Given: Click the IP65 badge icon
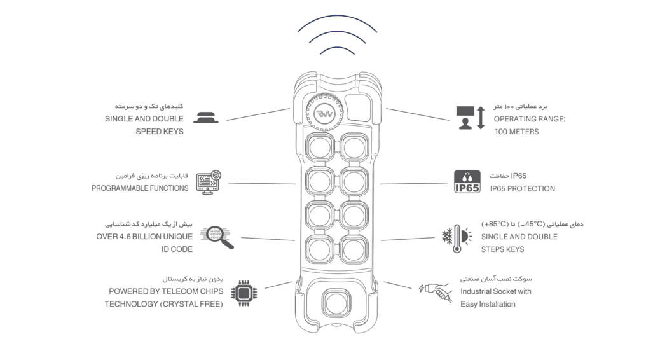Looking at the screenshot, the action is click(467, 181).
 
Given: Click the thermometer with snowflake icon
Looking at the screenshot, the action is click(457, 239).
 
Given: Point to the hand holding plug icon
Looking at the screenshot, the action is click(436, 291).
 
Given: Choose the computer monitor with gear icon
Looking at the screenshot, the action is click(209, 182).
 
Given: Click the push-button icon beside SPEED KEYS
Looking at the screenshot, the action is click(206, 118).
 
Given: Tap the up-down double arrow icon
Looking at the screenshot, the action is click(481, 118).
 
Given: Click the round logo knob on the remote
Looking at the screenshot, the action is click(324, 113).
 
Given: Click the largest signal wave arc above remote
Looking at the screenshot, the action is click(338, 21).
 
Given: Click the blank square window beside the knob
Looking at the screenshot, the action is click(358, 107).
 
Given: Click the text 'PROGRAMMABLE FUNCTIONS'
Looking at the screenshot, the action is click(140, 188).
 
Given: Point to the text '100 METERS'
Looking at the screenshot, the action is click(516, 132).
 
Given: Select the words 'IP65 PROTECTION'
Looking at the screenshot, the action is click(523, 189).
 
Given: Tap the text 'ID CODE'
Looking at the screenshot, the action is click(177, 249).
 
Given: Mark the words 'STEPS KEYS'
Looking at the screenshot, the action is click(502, 249).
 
